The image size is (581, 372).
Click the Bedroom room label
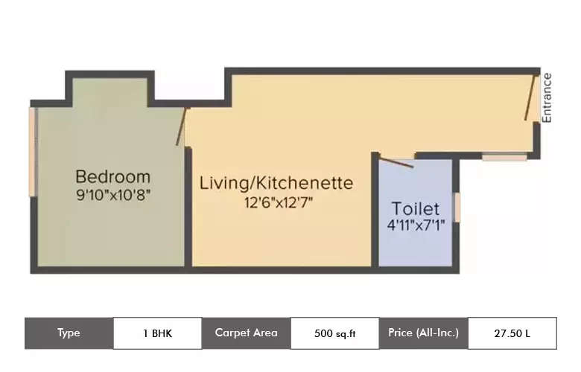click(x=113, y=177)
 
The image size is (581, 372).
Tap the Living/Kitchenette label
click(x=275, y=183)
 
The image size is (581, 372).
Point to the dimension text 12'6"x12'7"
click(x=275, y=202)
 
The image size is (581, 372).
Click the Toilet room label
click(x=416, y=209)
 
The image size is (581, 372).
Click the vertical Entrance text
click(x=547, y=97)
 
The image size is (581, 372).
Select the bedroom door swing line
click(x=181, y=126)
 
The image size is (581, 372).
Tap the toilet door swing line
click(x=396, y=161)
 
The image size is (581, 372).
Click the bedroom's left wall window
click(x=32, y=152)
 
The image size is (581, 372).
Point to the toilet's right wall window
click(x=457, y=208)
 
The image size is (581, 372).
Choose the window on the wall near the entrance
click(x=504, y=157)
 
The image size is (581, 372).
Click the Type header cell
click(x=69, y=333)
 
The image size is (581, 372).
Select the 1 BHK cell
click(x=157, y=333)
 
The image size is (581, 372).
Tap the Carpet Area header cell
click(x=246, y=333)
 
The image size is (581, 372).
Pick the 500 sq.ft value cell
click(x=334, y=333)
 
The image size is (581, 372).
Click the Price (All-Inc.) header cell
click(x=423, y=333)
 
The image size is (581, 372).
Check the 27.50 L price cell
click(x=512, y=333)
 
